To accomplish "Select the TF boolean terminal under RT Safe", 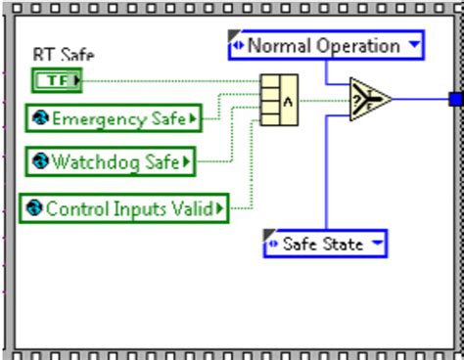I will click(58, 80).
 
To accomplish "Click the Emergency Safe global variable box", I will click(113, 119).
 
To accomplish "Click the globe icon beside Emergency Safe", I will click(39, 119).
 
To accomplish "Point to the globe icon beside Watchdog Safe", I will click(39, 161).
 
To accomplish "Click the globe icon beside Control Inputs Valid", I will click(33, 207).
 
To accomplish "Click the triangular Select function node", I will click(369, 98).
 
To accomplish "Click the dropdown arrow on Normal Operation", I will click(414, 45).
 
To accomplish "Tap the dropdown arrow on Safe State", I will click(376, 244).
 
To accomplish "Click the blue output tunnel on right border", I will click(455, 98).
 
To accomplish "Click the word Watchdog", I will click(94, 161).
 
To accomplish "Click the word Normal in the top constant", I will click(278, 45).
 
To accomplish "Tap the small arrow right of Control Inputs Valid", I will click(220, 207).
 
